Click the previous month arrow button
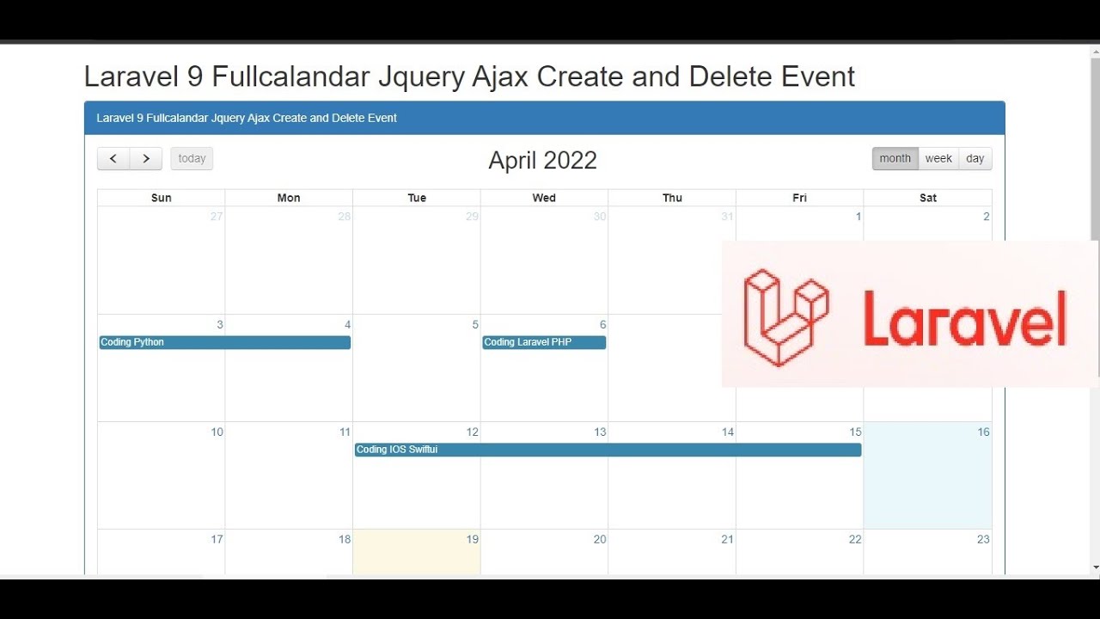coord(113,159)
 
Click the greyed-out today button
coord(192,159)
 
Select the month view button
coord(895,159)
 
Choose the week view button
coord(938,159)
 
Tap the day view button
coord(975,159)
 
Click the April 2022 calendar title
coord(542,161)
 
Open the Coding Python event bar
coord(224,342)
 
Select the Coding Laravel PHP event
coord(543,342)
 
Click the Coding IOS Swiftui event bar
coord(608,450)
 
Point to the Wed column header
coord(544,198)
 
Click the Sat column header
coord(928,198)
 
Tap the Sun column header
coord(162,198)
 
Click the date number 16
coord(983,432)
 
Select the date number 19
coord(472,540)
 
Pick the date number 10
coord(217,432)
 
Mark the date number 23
coord(983,540)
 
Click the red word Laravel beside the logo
coord(964,318)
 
